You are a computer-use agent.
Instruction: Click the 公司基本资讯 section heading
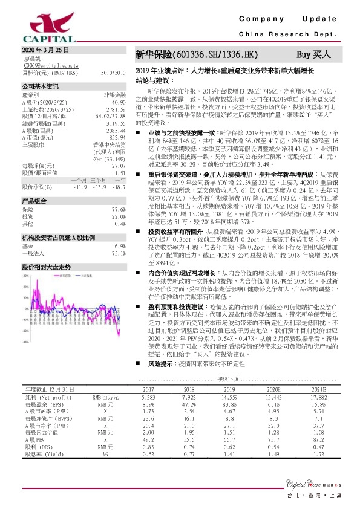click(41, 86)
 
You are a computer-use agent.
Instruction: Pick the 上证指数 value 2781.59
click(117, 109)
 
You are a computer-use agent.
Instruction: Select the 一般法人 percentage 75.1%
click(119, 254)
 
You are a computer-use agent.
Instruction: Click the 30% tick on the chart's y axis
click(25, 276)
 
